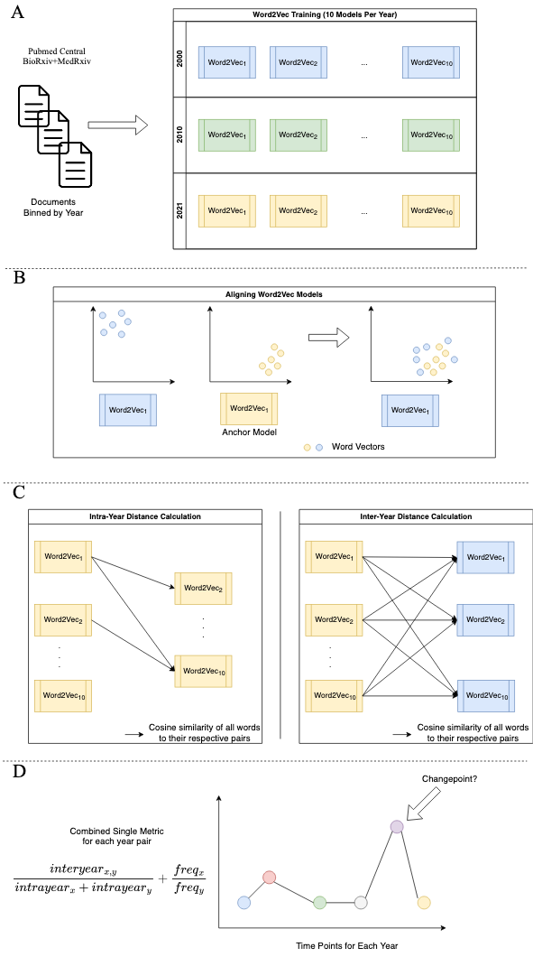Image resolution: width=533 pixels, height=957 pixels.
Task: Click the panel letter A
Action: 18,12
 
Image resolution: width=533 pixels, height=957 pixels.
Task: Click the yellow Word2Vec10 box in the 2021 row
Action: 431,211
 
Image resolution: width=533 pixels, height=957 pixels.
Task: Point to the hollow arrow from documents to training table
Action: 118,125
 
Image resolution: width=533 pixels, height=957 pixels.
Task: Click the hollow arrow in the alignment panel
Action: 328,336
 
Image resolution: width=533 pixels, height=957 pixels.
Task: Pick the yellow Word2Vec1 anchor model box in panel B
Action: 248,409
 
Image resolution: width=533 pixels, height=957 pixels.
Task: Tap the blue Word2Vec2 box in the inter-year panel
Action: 485,620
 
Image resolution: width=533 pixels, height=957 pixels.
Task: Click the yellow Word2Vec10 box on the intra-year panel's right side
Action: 204,672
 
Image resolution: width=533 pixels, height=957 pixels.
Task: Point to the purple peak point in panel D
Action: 397,826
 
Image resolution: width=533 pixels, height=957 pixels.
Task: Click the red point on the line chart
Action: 270,878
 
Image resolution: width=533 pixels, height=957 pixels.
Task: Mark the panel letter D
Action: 19,771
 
